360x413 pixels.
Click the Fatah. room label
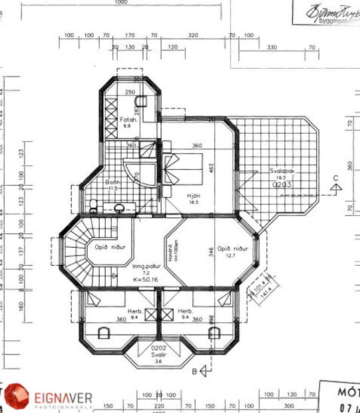[130, 120]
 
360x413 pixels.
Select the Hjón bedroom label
[194, 195]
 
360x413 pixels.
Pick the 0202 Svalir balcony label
[158, 351]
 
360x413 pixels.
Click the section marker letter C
[336, 177]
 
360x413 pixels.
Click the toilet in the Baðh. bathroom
[94, 206]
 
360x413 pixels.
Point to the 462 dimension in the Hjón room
[212, 170]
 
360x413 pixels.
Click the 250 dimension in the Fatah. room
[130, 93]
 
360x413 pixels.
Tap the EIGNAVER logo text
[64, 398]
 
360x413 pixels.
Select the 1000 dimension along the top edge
[120, 3]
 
